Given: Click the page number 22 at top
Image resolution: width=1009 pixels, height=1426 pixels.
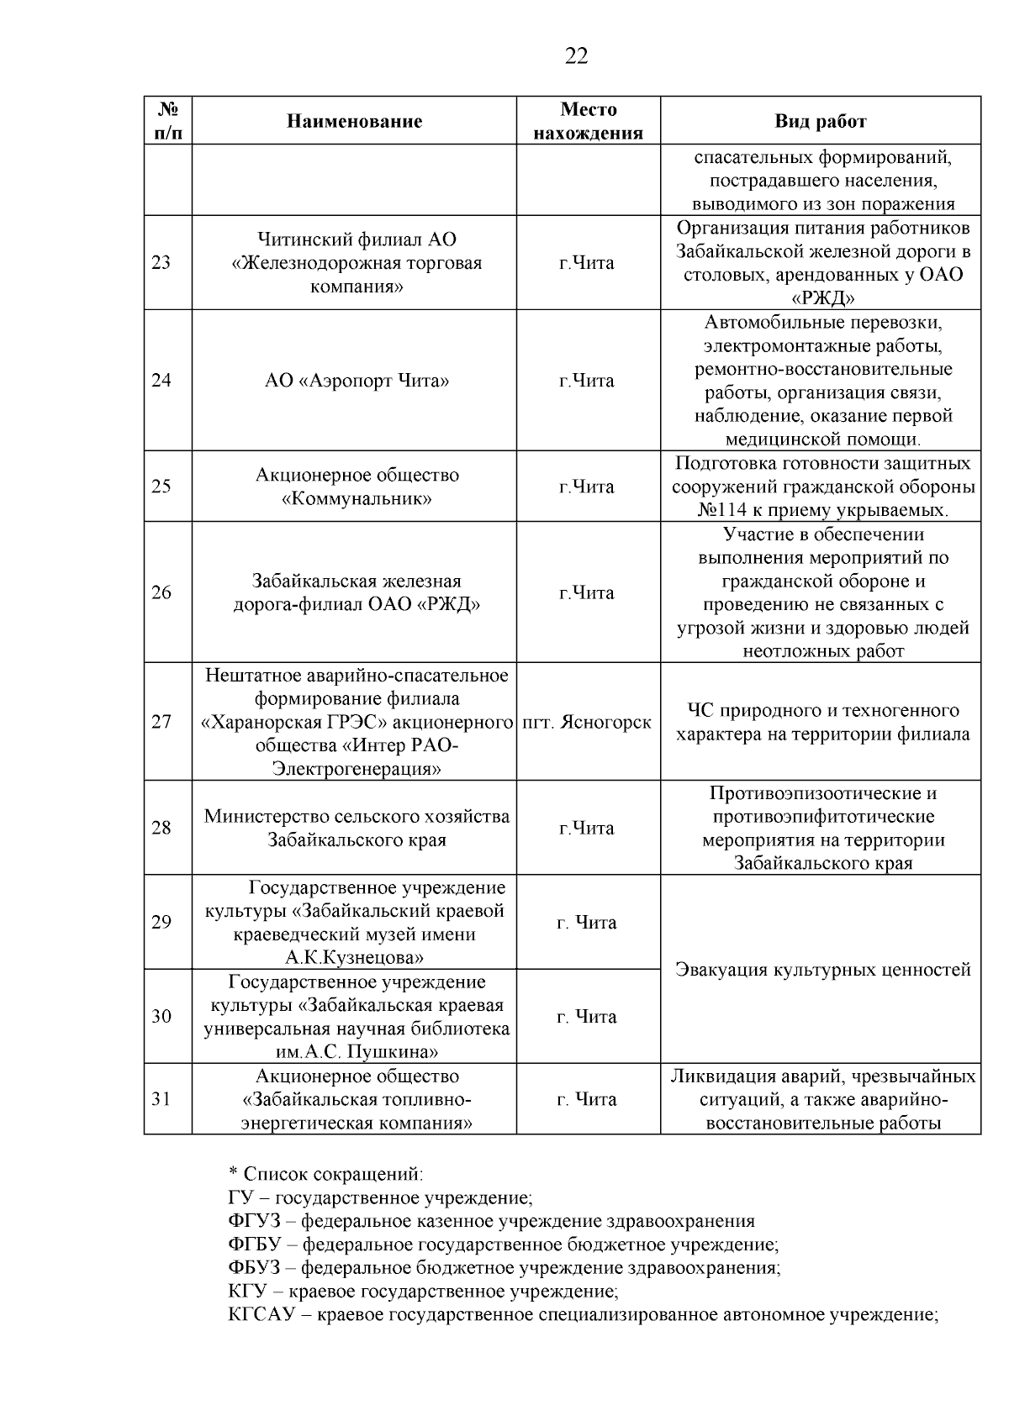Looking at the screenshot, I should pos(576,56).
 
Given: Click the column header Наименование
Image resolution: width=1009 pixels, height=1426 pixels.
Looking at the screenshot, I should pos(354,121).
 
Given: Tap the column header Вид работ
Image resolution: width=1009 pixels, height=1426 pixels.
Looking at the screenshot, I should pos(820,121).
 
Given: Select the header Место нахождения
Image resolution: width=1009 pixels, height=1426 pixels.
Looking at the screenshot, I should pos(588,121).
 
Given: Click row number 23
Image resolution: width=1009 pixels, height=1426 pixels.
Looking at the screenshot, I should pos(161,263).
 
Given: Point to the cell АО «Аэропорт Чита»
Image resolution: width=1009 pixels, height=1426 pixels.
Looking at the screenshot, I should pos(357,381).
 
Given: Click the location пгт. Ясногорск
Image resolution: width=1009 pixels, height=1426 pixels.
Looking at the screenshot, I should pos(587,723).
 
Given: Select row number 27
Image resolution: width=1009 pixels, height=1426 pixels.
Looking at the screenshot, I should pos(161,723).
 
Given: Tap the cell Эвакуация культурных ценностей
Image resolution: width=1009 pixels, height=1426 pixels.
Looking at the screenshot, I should pos(822,970).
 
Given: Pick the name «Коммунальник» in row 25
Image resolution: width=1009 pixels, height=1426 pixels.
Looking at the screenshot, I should pos(357,499).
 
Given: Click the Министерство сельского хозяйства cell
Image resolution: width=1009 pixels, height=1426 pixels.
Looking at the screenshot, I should pos(357,817).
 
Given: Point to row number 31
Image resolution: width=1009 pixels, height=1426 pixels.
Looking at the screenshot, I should pos(161,1099).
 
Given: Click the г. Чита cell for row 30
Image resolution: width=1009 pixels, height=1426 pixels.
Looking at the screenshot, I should pos(587,1017).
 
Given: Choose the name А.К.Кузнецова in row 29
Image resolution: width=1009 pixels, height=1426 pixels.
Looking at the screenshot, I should pos(354,958).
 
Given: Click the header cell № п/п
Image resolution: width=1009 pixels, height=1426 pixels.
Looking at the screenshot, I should pos(167,121).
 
